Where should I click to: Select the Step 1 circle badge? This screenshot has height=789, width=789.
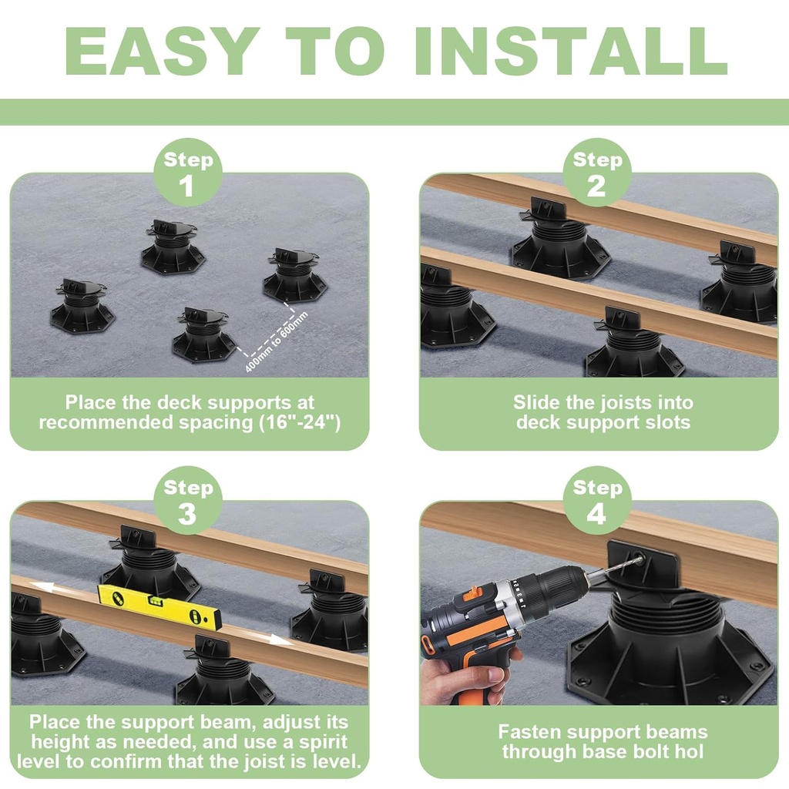click(188, 173)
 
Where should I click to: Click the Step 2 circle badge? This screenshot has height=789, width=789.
click(597, 173)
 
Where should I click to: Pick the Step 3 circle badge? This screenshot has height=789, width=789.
click(188, 501)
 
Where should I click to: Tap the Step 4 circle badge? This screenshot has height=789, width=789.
click(597, 501)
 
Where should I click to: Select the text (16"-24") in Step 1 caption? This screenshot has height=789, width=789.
click(297, 422)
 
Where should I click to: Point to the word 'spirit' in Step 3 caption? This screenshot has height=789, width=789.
click(324, 742)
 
